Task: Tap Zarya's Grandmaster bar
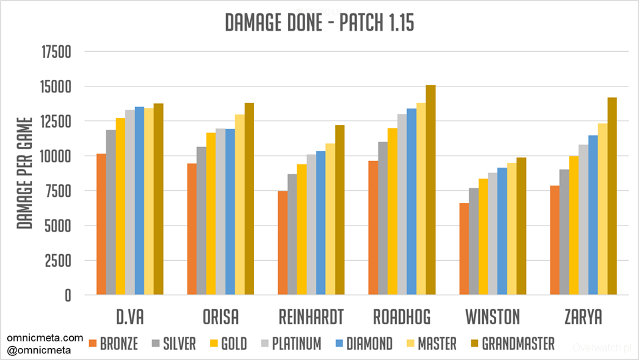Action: click(612, 196)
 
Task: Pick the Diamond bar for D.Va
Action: click(139, 200)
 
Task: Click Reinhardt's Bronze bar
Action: click(283, 243)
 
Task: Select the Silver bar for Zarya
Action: click(564, 232)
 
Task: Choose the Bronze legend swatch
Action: click(92, 343)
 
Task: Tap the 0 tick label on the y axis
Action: click(67, 295)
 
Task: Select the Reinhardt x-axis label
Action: click(312, 316)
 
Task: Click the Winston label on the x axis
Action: click(493, 316)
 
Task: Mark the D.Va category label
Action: click(130, 316)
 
